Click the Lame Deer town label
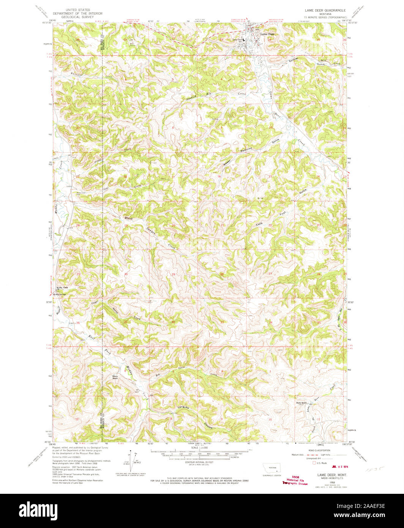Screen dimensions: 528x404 click(x=267, y=34)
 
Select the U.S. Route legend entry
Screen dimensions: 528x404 click(x=319, y=463)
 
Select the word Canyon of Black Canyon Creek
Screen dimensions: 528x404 click(x=151, y=231)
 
